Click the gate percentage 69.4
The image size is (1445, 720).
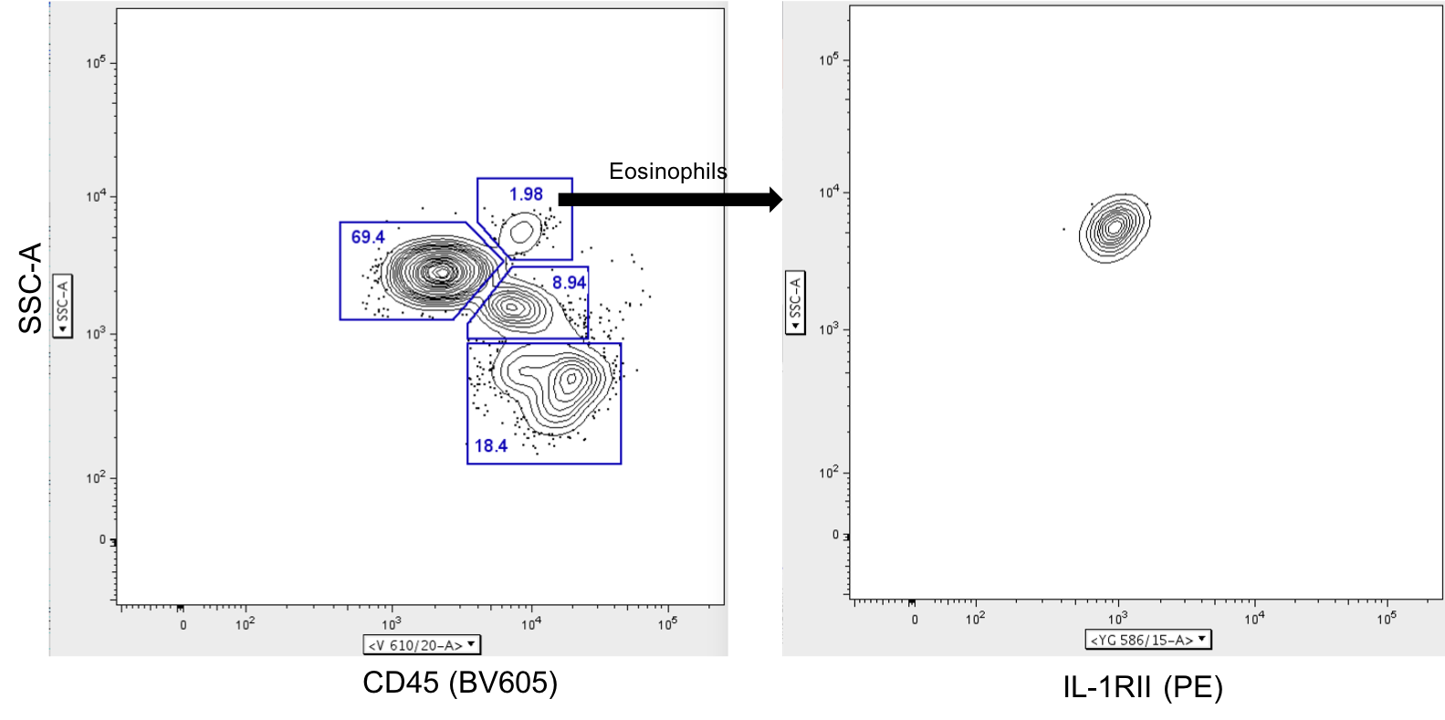368,236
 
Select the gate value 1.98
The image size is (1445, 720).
526,194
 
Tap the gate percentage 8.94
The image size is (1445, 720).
569,283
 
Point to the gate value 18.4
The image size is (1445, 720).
491,446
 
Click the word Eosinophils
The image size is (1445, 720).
667,171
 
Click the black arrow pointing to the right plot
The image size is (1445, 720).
670,199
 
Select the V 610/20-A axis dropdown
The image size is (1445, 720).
422,644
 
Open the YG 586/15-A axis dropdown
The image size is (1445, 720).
1148,640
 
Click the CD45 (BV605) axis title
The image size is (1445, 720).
460,683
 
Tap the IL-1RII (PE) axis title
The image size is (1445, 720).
1143,687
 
